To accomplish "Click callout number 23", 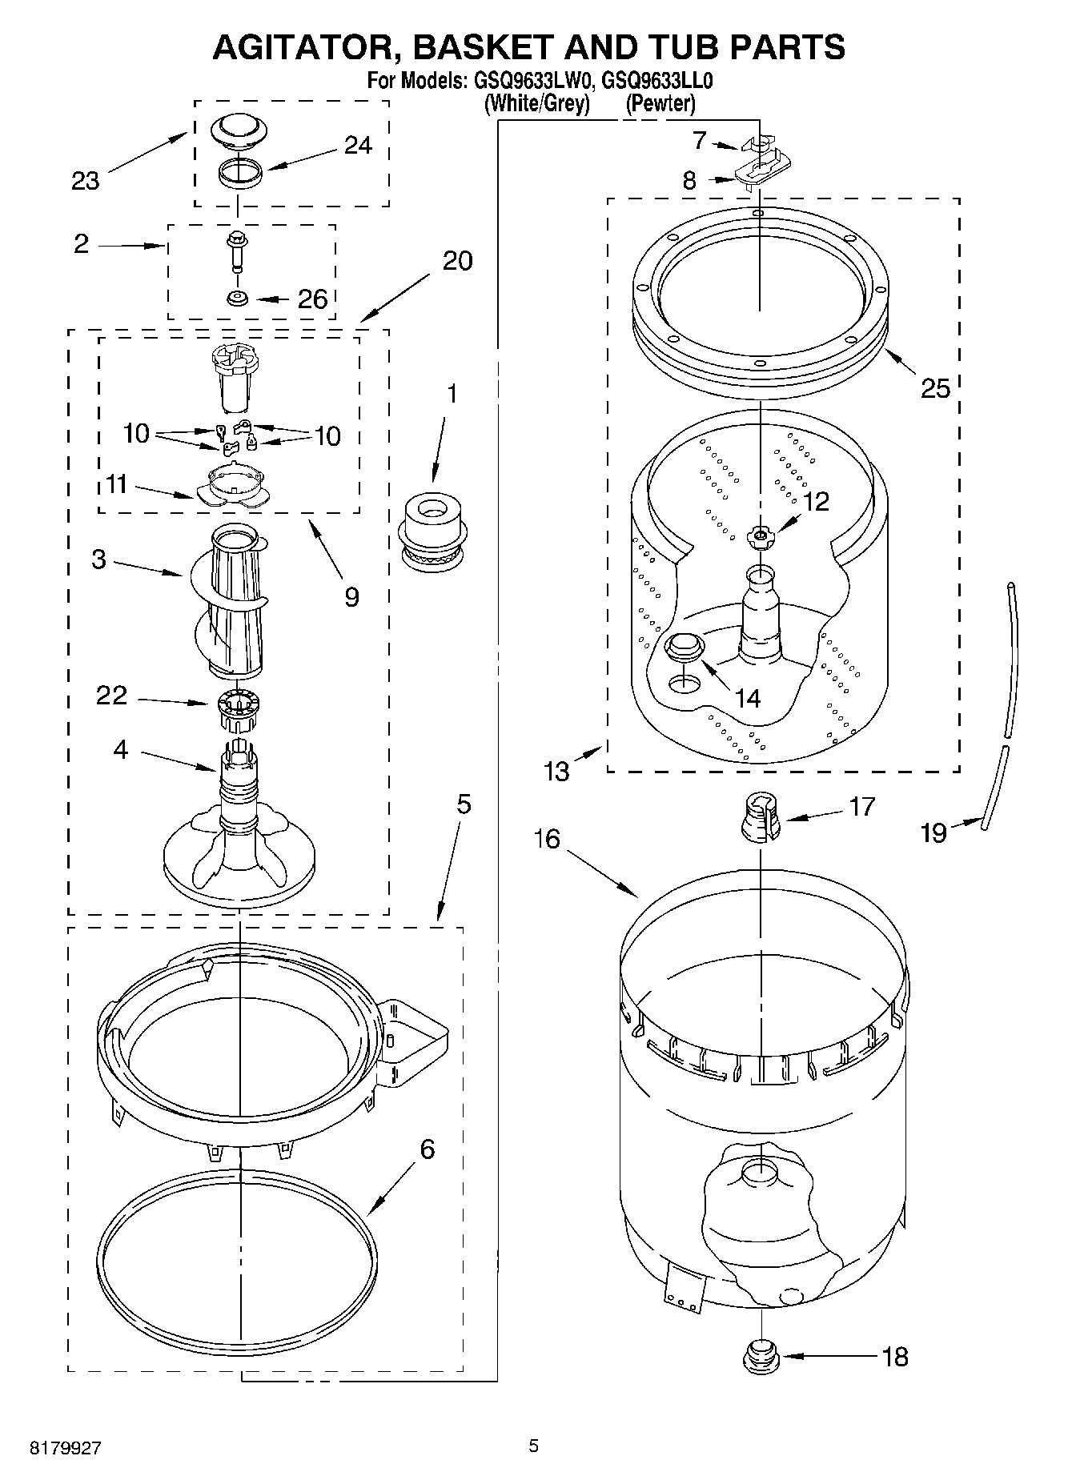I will tap(85, 181).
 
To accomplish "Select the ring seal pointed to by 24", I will tap(240, 174).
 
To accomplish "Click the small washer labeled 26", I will tap(238, 299).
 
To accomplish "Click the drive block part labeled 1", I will tap(432, 532).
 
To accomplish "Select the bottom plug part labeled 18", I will tap(760, 1356).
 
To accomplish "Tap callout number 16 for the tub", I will tap(548, 839).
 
